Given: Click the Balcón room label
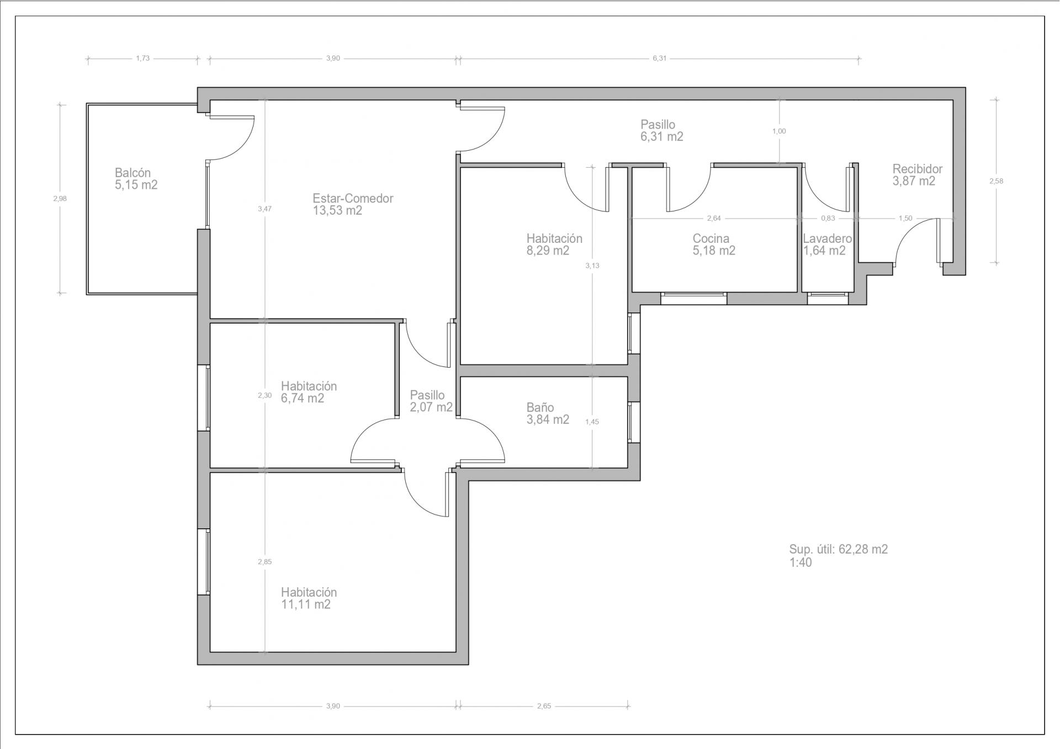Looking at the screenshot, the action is [x=132, y=173].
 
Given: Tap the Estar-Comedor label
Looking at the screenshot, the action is [x=353, y=198].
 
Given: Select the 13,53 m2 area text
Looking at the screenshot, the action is [x=337, y=210].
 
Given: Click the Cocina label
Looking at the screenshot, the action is [x=711, y=238].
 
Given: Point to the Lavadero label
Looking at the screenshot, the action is [x=827, y=239].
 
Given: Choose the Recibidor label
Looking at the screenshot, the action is [x=918, y=169].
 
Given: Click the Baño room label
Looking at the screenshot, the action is [x=540, y=407].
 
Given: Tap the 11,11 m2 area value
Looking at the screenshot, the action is [x=306, y=604].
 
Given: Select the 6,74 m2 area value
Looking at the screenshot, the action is [x=303, y=398].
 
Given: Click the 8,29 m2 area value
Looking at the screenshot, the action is [x=548, y=251].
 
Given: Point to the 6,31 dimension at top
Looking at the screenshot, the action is [x=660, y=58].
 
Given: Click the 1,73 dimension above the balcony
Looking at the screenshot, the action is [x=142, y=58].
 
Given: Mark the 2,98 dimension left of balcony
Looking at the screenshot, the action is [x=60, y=199].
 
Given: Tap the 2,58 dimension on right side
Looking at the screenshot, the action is [x=996, y=181].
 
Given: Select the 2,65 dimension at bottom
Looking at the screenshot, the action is [x=544, y=706].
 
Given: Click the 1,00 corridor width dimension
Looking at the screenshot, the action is [x=779, y=131].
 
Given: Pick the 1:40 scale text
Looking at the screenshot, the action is [x=801, y=563].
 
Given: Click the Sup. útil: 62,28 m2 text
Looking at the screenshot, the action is [x=839, y=550].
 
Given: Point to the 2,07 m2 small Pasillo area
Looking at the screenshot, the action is [x=431, y=407].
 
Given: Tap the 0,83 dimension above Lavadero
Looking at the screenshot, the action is [x=828, y=219].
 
